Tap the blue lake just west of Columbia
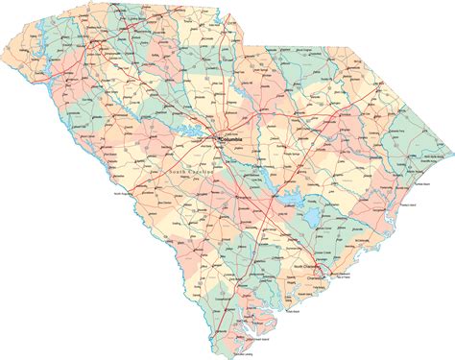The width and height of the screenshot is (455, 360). pos(199,134)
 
